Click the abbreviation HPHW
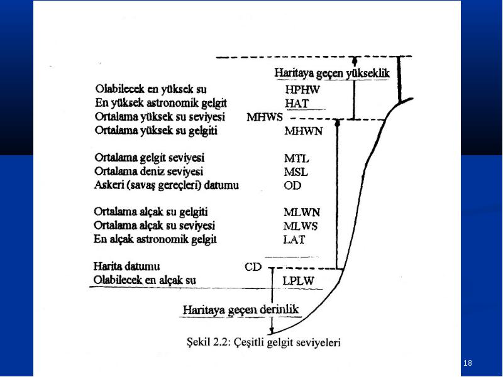click(302, 89)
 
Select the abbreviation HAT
click(297, 103)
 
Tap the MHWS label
click(265, 117)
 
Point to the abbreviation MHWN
click(303, 131)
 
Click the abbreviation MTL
click(297, 158)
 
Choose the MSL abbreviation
click(296, 172)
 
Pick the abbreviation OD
click(292, 185)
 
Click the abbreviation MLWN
click(302, 212)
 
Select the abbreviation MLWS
click(301, 226)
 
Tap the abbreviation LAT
click(294, 239)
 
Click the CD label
click(253, 266)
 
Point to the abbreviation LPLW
click(298, 281)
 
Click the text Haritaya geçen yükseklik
click(332, 73)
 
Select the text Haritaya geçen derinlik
click(241, 310)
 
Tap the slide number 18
click(468, 363)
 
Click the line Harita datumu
click(126, 266)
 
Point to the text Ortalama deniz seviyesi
click(148, 172)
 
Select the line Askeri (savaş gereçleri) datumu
click(166, 185)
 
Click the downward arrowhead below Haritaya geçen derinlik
click(272, 331)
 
